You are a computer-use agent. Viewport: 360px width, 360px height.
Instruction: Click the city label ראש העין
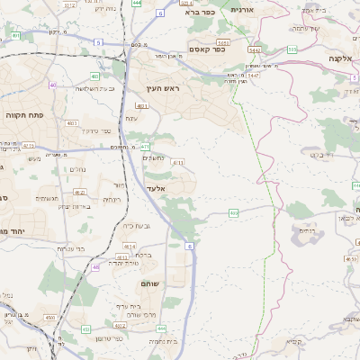coord(165,89)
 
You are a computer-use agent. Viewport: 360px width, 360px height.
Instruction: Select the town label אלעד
coord(157,190)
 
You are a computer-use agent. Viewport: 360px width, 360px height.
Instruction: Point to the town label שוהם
coord(150,283)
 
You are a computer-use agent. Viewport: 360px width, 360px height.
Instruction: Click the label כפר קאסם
coord(207,49)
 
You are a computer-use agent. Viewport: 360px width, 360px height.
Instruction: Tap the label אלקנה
coord(339,58)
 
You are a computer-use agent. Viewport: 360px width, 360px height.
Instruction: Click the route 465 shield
coord(233,212)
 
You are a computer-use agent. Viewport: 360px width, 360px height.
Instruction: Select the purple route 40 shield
coord(53,85)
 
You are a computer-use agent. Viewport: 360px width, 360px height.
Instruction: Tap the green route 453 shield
coord(85,329)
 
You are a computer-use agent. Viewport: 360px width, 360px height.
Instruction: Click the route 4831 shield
coord(142,106)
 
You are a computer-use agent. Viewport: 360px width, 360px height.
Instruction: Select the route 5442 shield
coord(255,50)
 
